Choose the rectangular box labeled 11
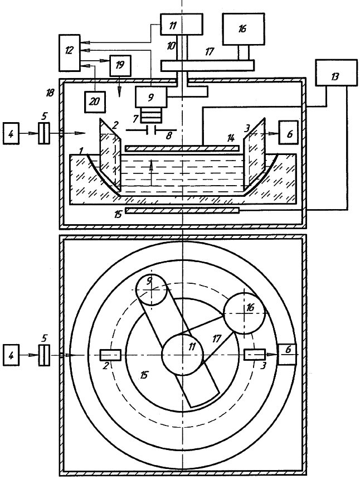pos(181,24)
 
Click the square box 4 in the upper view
pos(14,134)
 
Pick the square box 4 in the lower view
pos(14,355)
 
